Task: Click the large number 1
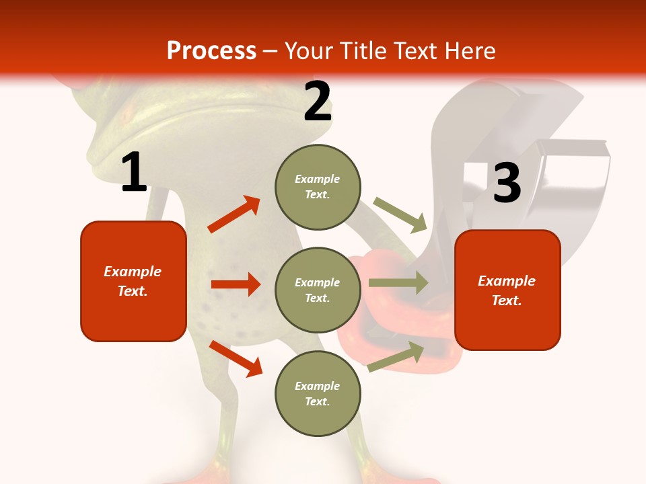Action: pyautogui.click(x=134, y=173)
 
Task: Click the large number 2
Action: pyautogui.click(x=318, y=102)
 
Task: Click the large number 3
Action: pyautogui.click(x=507, y=184)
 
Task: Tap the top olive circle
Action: pyautogui.click(x=318, y=186)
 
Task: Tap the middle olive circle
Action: pyautogui.click(x=318, y=290)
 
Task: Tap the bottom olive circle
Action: pyautogui.click(x=318, y=393)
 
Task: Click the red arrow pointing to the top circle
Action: pyautogui.click(x=234, y=214)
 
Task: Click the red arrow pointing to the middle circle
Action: pyautogui.click(x=236, y=284)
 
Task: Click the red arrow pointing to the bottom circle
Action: pyautogui.click(x=236, y=358)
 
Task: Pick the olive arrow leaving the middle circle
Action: pyautogui.click(x=398, y=282)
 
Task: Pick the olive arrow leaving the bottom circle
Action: pyautogui.click(x=396, y=356)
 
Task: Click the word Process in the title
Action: pyautogui.click(x=211, y=50)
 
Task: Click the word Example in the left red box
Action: pyautogui.click(x=133, y=272)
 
